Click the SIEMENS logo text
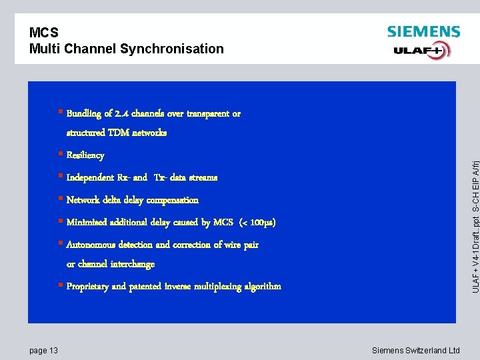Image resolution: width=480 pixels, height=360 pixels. click(x=423, y=32)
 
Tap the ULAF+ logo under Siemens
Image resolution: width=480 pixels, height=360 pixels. click(x=421, y=51)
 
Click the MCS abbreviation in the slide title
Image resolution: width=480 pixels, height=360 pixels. click(x=44, y=33)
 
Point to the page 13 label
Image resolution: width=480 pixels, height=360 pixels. click(x=44, y=350)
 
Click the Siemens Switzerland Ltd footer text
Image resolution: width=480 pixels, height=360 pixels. click(x=416, y=350)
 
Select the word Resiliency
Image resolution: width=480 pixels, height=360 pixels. click(x=85, y=155)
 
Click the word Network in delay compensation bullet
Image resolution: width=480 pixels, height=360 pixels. click(x=84, y=200)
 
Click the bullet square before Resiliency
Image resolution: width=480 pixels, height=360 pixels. click(x=60, y=155)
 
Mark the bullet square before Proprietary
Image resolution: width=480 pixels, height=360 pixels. click(x=60, y=286)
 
